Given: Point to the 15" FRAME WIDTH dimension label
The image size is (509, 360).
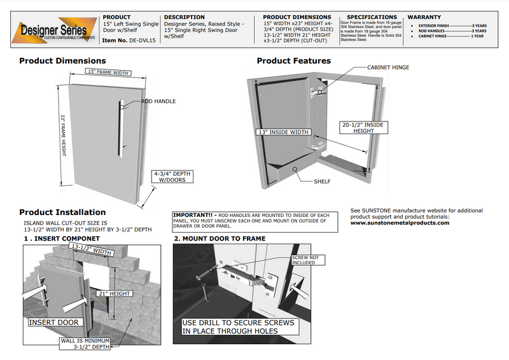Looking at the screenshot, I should coord(108,73).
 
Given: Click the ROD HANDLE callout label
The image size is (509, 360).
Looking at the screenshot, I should coord(158,101).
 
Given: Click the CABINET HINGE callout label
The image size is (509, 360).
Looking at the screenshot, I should coord(388,67).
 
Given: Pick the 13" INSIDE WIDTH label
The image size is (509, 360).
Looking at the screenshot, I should coord(283,132).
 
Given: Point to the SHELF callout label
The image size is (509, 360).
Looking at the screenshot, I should coord(322,181).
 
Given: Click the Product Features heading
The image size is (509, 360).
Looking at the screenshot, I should coord(293,61).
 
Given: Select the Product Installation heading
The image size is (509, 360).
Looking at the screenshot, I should coord(62,212).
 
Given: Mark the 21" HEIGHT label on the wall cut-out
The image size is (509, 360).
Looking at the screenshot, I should coord(115,293).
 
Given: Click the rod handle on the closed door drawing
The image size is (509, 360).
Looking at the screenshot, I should coord(120,123).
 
